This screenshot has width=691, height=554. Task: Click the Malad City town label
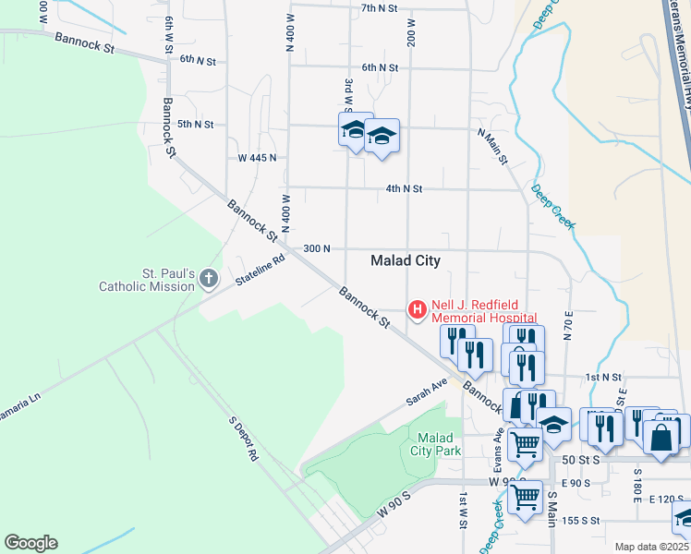405,260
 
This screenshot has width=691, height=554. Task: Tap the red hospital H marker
417,308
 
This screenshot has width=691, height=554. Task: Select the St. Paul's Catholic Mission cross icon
210,278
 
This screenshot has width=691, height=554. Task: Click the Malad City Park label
434,444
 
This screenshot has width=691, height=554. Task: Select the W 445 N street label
257,158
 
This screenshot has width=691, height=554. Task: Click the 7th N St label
379,7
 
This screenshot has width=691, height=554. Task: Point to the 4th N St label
404,188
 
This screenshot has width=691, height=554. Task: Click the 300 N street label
316,249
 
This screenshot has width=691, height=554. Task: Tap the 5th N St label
195,124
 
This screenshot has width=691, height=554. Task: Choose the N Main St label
492,147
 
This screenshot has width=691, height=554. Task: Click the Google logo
30,543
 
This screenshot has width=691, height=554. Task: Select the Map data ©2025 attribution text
652,547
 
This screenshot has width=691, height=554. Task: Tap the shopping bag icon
663,439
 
